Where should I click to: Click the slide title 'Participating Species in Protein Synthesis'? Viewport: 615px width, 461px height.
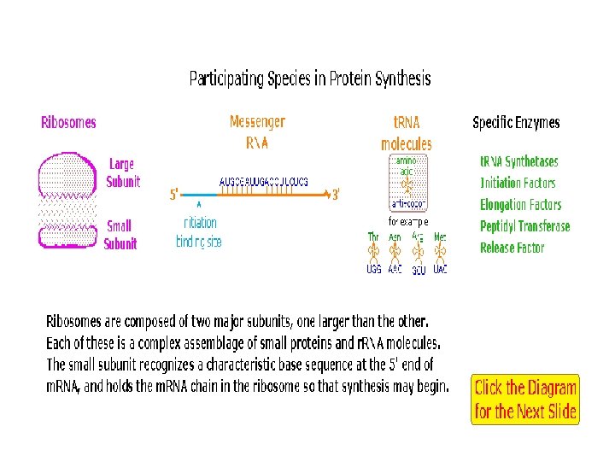coord(310,79)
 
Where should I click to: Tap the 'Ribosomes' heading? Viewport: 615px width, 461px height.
coord(68,122)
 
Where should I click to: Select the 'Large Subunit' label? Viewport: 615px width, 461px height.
coord(121,172)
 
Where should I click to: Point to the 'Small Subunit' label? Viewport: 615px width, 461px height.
coord(120,235)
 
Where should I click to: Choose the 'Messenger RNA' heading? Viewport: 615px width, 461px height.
coord(257,132)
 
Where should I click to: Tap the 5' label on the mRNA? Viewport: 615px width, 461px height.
coord(174,195)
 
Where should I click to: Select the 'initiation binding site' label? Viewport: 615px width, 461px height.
coord(199,232)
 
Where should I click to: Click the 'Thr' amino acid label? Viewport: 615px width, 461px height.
coord(373,236)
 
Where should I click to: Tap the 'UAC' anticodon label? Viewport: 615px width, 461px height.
coord(440,269)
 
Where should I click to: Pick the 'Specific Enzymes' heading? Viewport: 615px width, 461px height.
coord(516,122)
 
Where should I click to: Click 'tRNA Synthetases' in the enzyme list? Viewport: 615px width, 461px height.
coord(518,161)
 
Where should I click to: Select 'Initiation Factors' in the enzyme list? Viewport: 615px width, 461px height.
coord(518,183)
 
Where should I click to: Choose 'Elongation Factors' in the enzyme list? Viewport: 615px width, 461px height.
coord(520,205)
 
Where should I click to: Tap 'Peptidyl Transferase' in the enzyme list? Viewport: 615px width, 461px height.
coord(524,226)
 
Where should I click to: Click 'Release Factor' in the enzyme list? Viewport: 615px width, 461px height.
coord(512,248)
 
